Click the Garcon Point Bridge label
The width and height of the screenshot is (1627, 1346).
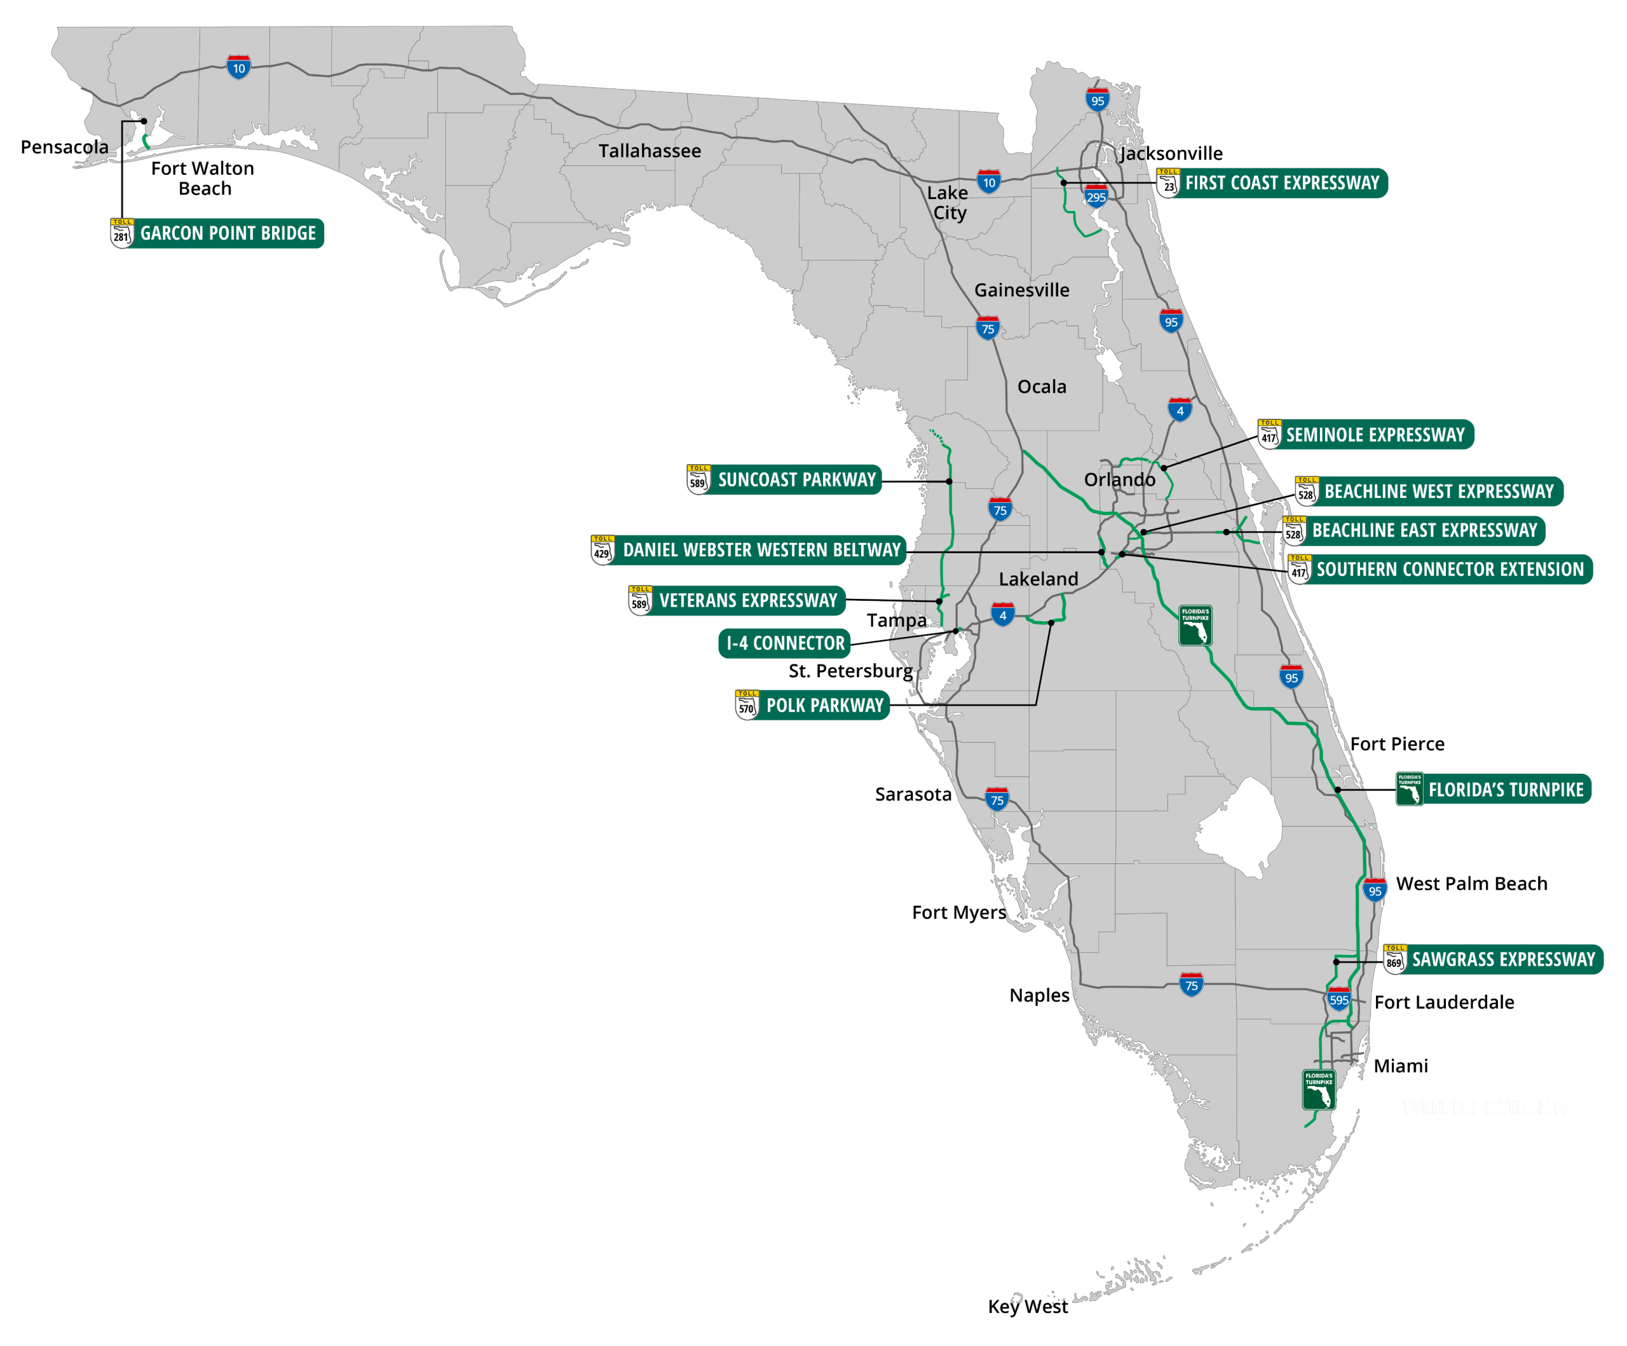coord(228,233)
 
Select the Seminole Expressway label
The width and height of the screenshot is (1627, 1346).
coord(1375,435)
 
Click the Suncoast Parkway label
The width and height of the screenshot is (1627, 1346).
coord(796,479)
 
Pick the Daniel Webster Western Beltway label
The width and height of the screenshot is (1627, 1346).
coord(761,550)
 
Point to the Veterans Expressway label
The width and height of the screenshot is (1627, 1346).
coord(747,601)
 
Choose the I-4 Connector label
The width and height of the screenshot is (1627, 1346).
coord(785,643)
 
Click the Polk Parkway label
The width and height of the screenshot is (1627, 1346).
coord(824,705)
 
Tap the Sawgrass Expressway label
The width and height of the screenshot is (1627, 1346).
coord(1503,959)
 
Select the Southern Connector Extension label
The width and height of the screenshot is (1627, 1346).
coord(1450,570)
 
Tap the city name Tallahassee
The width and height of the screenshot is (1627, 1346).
coord(650,151)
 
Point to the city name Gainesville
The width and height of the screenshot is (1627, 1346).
coord(1021,290)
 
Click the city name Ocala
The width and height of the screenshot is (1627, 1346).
coord(1041,387)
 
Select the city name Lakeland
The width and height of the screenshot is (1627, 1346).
coord(1038,579)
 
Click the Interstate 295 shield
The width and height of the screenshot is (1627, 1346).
coord(1096,197)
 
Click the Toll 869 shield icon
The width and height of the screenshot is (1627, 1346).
coord(1394,960)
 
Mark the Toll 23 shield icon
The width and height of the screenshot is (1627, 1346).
coord(1168,184)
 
